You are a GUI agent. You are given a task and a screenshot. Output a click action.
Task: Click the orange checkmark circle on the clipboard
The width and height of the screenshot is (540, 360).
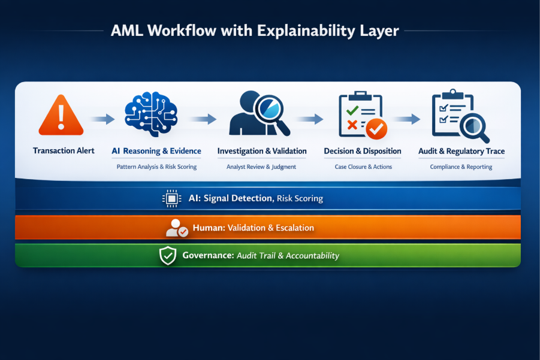[376, 128]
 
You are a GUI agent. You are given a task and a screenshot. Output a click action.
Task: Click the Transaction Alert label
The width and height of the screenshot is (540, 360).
[64, 151]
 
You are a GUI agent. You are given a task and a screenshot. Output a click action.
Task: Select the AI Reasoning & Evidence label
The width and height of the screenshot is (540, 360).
[156, 151]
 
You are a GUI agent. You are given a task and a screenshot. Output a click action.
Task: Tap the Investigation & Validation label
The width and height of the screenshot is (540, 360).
[262, 151]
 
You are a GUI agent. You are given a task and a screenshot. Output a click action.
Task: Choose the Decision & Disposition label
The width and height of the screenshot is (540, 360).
[363, 151]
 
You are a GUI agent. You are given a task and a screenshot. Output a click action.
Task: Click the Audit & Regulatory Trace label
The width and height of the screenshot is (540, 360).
[461, 151]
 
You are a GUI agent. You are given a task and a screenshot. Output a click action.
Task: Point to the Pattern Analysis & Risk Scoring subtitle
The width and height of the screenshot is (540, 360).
[156, 167]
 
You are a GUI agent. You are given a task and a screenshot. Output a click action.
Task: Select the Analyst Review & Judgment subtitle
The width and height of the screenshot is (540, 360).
[261, 167]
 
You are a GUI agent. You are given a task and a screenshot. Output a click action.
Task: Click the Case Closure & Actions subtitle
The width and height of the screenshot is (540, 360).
[363, 167]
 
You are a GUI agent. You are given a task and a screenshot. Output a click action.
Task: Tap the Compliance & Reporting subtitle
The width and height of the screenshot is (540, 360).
[461, 167]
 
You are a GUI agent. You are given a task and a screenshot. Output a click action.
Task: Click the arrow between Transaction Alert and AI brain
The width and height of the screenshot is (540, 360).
[102, 119]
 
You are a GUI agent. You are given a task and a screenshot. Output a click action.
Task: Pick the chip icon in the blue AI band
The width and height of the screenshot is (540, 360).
[172, 198]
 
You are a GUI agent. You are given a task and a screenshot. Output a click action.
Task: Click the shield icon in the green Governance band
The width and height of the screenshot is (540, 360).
[167, 256]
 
